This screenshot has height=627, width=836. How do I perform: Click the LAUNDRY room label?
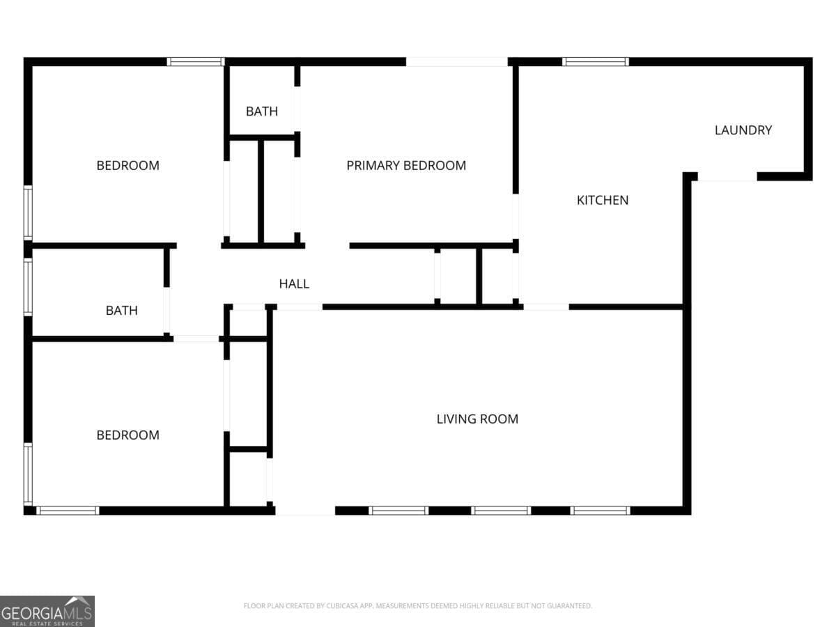tap(743, 130)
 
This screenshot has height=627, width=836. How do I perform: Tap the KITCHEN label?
tap(603, 200)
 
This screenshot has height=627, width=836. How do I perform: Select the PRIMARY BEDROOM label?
tap(406, 166)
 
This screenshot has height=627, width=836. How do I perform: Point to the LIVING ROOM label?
tap(477, 419)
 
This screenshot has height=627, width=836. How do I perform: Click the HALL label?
tap(294, 284)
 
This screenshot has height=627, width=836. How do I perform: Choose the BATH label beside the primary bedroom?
tap(262, 111)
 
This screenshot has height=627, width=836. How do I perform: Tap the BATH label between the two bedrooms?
tap(121, 311)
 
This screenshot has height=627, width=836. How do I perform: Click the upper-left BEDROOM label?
tap(128, 166)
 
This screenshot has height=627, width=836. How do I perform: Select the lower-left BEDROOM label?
tap(128, 435)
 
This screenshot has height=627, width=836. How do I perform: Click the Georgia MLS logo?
tap(47, 611)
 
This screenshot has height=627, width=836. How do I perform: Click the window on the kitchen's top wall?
tap(595, 62)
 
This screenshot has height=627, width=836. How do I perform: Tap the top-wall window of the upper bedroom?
tap(196, 62)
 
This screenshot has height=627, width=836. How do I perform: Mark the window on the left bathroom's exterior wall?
tap(28, 287)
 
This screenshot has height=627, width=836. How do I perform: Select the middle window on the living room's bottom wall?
tap(501, 511)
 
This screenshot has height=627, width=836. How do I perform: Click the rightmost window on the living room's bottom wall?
tap(601, 511)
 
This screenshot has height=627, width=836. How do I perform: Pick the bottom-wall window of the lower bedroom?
tap(68, 511)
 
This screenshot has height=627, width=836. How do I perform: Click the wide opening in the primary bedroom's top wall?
tap(456, 62)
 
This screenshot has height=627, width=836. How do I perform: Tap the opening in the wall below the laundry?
tap(727, 177)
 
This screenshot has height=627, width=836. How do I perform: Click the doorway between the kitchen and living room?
tap(546, 307)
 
